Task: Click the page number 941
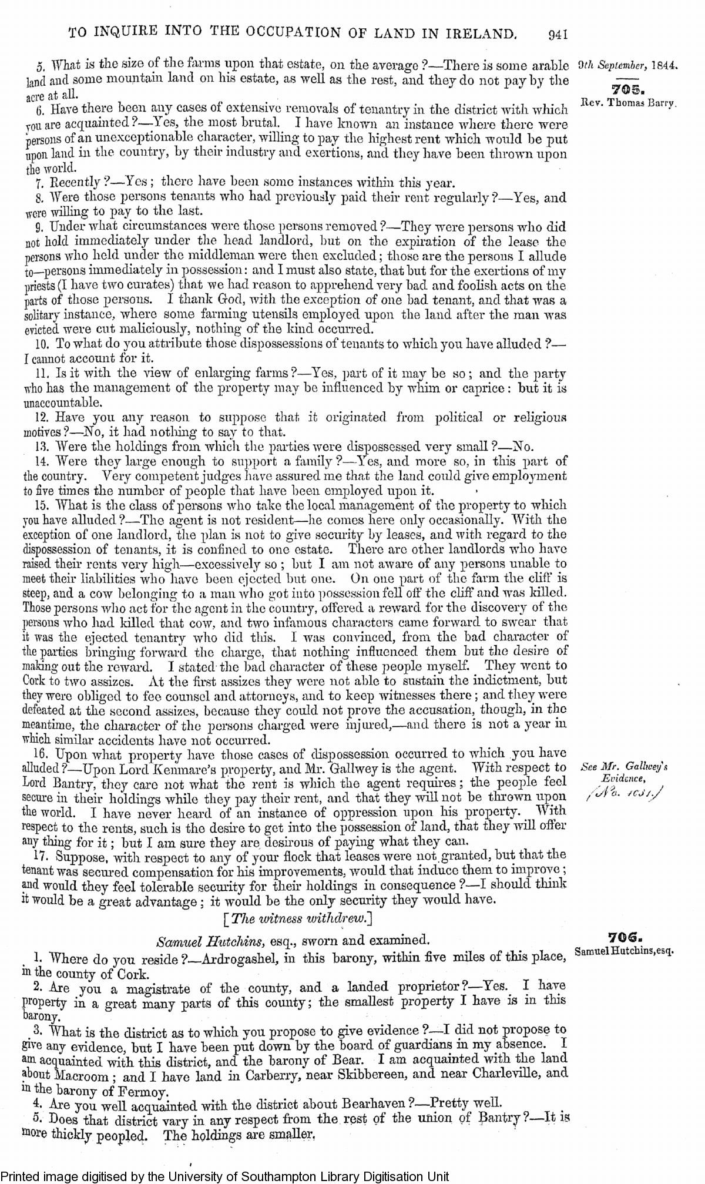click(555, 35)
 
